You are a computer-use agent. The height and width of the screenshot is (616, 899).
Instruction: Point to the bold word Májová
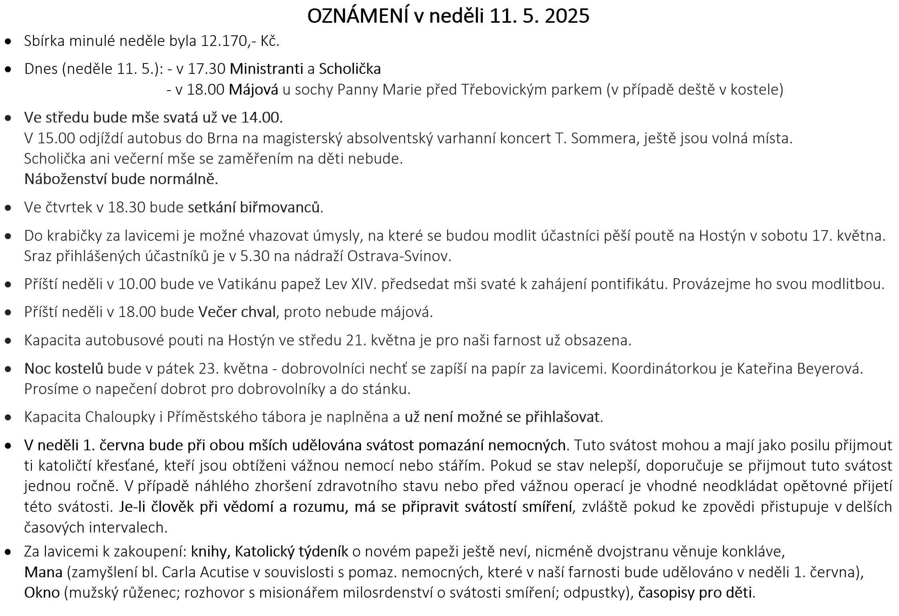point(253,90)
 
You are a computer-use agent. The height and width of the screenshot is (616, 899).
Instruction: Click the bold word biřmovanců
point(280,208)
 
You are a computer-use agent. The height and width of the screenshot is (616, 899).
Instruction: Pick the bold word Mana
point(43,572)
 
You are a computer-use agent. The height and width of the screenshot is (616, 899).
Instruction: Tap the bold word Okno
point(41,593)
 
